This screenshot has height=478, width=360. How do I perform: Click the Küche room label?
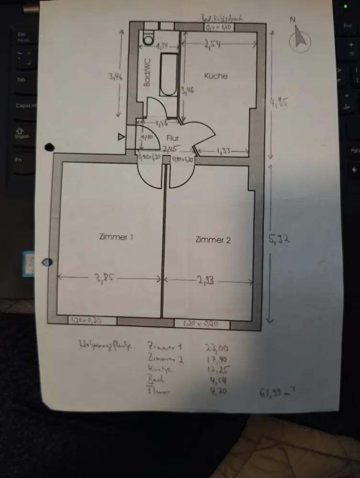click(x=216, y=76)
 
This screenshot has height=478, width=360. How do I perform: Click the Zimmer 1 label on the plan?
click(x=116, y=237)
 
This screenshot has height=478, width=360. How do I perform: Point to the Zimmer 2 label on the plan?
click(x=213, y=239)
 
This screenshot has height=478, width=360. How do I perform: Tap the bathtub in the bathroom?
click(x=168, y=75)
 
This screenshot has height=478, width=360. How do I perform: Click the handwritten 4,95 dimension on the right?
click(x=280, y=102)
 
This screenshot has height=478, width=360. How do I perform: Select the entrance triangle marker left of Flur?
click(x=121, y=138)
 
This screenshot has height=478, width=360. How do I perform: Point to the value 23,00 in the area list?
click(x=216, y=348)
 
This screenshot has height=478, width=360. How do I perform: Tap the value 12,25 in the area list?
click(x=216, y=369)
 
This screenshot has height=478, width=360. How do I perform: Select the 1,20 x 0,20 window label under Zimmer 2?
click(x=201, y=324)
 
